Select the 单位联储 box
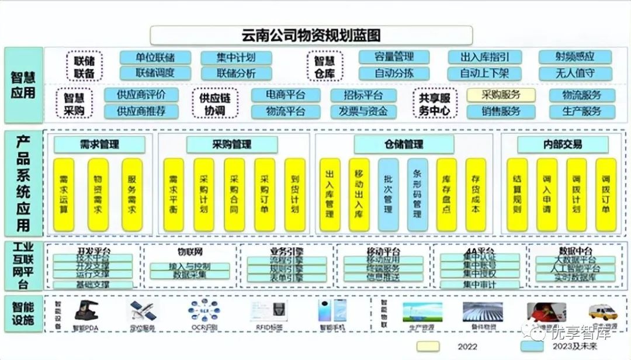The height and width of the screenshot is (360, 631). [155, 57]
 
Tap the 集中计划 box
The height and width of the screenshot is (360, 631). [236, 57]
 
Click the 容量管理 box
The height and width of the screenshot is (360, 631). [394, 57]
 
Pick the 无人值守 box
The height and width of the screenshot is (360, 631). [575, 73]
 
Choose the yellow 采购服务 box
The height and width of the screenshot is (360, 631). [501, 95]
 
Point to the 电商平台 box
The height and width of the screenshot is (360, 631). [286, 95]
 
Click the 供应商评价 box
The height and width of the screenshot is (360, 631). [141, 95]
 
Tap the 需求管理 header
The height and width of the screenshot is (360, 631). [99, 144]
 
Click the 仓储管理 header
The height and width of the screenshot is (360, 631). [404, 144]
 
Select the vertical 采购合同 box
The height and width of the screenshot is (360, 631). [234, 194]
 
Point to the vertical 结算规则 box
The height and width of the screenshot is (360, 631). [517, 194]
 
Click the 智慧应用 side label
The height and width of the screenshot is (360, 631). [23, 85]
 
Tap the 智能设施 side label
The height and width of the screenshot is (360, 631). [23, 313]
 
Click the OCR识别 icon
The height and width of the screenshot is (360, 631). [203, 311]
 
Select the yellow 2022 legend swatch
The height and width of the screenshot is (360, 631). [428, 347]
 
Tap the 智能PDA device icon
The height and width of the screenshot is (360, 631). [88, 311]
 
